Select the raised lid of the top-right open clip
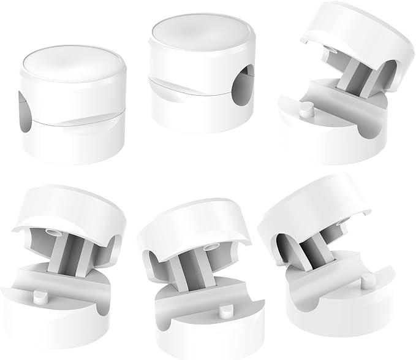[361, 37]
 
